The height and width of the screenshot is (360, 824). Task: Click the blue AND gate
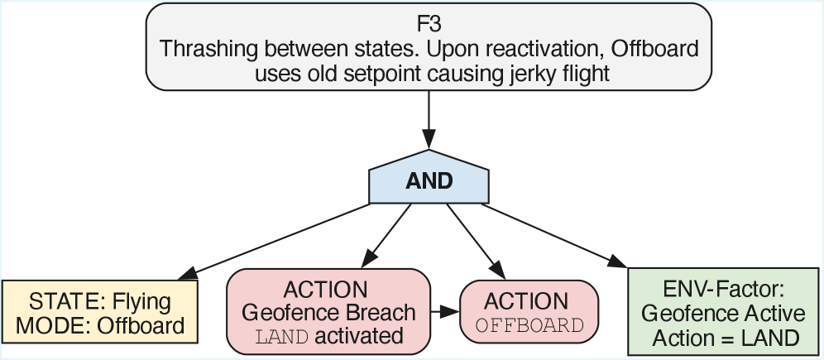[429, 180]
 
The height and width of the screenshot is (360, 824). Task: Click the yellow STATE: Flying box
[100, 313]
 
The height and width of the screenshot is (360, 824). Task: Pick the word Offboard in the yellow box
[141, 325]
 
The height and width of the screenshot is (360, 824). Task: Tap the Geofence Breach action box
[328, 313]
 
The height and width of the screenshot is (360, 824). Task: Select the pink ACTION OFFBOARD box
[528, 312]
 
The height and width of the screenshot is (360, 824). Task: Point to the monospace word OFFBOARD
[529, 324]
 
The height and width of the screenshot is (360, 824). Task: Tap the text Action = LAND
[724, 337]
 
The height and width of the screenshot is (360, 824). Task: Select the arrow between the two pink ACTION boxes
[445, 312]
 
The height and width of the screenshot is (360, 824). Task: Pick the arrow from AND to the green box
[554, 236]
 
